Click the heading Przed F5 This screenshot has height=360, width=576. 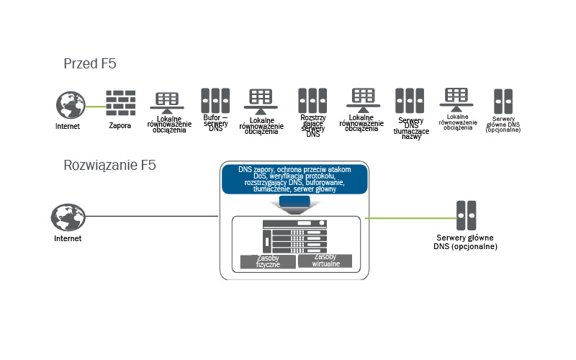click(x=90, y=64)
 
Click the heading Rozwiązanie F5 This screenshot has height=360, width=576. click(x=110, y=165)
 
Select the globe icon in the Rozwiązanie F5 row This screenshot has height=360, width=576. click(x=67, y=217)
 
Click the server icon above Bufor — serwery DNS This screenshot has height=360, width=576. click(x=215, y=99)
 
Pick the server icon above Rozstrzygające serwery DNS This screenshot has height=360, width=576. click(x=312, y=100)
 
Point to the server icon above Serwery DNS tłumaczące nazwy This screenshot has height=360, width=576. click(x=409, y=100)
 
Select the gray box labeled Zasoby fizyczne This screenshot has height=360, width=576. click(x=267, y=261)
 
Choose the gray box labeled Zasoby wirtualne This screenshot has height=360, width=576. click(x=326, y=261)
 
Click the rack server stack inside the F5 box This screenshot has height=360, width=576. click(x=294, y=235)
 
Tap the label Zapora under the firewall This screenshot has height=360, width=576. click(x=120, y=125)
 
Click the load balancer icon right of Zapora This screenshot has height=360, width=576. click(x=166, y=102)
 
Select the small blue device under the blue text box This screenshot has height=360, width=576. click(x=294, y=204)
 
